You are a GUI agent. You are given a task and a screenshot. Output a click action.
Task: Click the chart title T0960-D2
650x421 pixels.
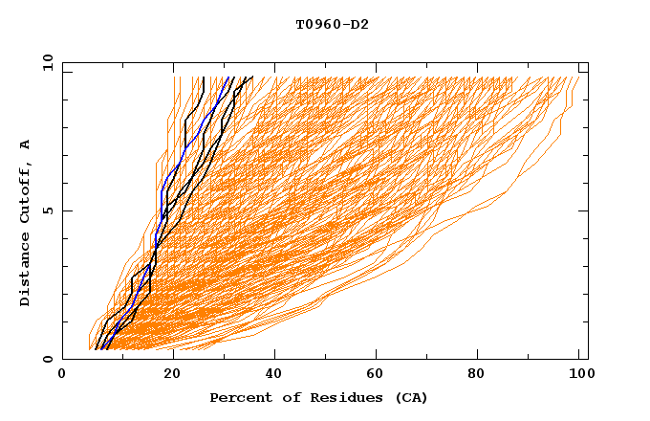click(332, 24)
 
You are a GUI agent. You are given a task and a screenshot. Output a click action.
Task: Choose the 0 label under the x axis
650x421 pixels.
click(63, 374)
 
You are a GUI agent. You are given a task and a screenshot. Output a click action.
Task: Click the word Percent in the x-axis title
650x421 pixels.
click(237, 397)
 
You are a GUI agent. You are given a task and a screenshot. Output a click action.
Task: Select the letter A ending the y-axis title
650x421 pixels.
click(26, 144)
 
